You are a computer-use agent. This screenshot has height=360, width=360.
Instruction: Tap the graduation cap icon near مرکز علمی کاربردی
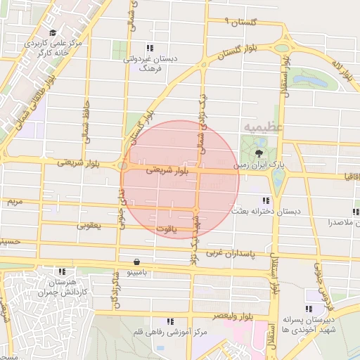coord(53,32)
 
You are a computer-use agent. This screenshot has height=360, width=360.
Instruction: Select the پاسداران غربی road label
coord(233,252)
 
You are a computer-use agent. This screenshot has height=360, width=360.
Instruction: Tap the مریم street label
coord(15,201)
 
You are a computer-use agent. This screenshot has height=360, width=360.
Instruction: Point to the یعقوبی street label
coord(88,226)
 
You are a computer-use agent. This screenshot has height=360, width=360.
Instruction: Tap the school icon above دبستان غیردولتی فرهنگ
coord(150,48)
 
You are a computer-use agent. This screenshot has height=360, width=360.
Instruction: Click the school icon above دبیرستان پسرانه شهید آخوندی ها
coord(309,308)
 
